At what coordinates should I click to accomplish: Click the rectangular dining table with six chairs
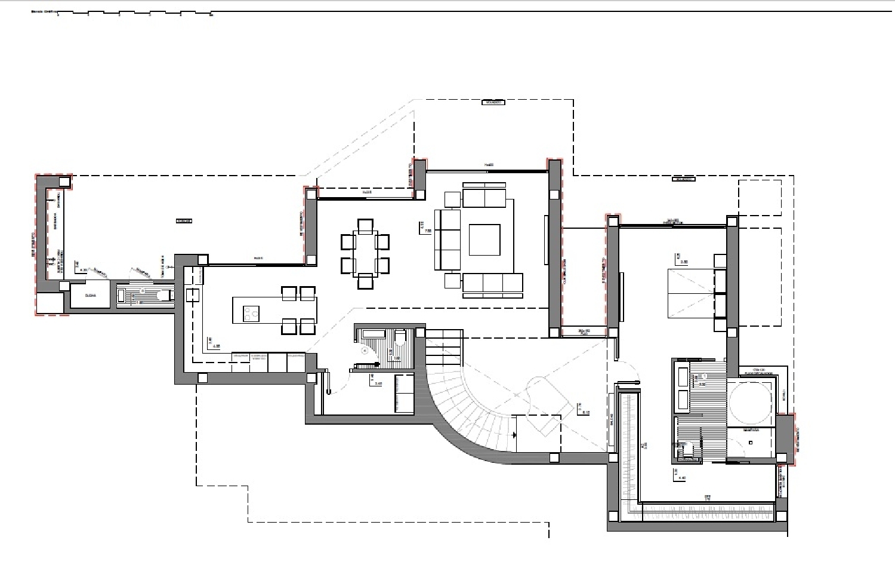click(x=365, y=254)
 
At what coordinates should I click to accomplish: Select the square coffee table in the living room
click(x=484, y=240)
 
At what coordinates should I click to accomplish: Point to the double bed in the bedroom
click(x=690, y=293)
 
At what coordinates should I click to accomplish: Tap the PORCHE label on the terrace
click(x=184, y=221)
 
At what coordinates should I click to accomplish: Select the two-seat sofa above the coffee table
click(x=484, y=198)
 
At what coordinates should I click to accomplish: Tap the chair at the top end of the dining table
click(x=365, y=226)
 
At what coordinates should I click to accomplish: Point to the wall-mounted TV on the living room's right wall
click(x=546, y=240)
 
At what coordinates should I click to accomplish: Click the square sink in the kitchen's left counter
click(x=192, y=295)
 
